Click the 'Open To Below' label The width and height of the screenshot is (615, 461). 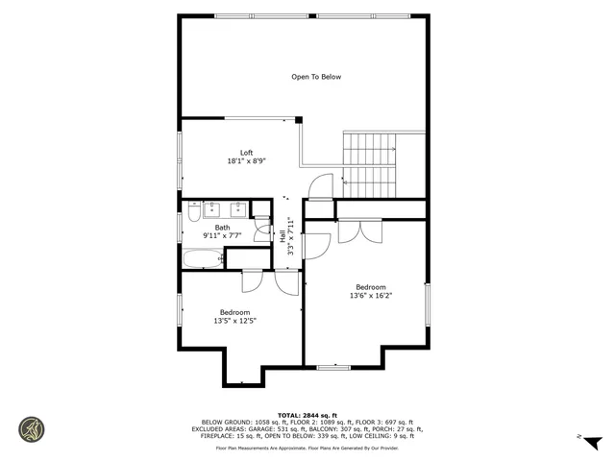pos(316,77)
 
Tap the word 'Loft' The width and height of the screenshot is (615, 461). pos(246,153)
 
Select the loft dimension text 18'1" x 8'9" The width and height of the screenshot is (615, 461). pos(246,161)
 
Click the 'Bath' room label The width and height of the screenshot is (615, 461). pos(222,228)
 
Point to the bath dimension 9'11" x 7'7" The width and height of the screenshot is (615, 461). pos(222,235)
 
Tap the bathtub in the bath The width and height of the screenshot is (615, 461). pos(202,257)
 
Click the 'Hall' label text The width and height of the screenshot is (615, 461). pos(283,235)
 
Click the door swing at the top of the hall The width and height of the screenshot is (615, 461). pos(322,185)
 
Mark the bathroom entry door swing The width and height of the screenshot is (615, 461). pos(261,230)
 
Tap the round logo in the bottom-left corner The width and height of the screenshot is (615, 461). pos(32,429)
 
